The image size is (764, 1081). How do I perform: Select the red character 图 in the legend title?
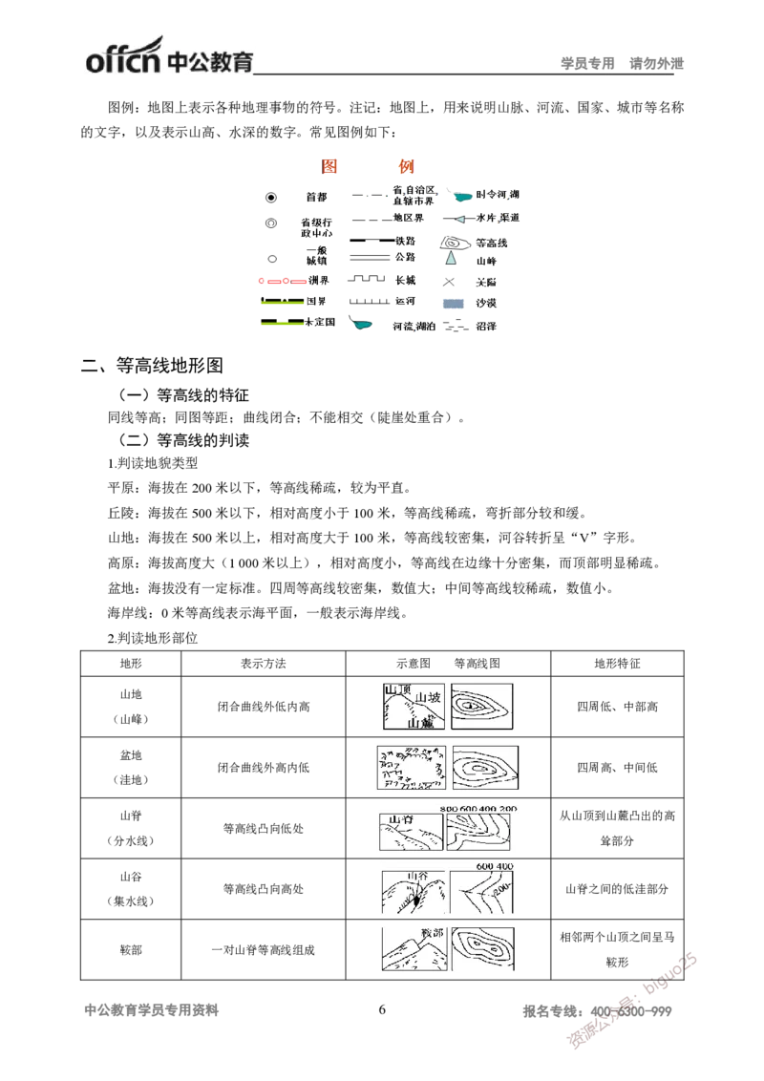click(x=329, y=165)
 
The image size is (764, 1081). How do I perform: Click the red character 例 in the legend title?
click(x=406, y=165)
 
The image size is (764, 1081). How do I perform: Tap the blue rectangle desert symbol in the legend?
click(x=453, y=305)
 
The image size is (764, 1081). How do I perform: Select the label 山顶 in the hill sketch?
click(x=394, y=689)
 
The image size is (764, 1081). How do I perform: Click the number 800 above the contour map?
click(x=450, y=809)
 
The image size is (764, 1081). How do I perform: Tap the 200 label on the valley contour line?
click(x=499, y=890)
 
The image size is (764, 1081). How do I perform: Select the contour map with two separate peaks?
click(x=484, y=950)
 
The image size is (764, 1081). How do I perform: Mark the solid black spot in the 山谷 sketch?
click(x=415, y=900)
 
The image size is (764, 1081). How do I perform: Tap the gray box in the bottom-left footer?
click(x=153, y=1012)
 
